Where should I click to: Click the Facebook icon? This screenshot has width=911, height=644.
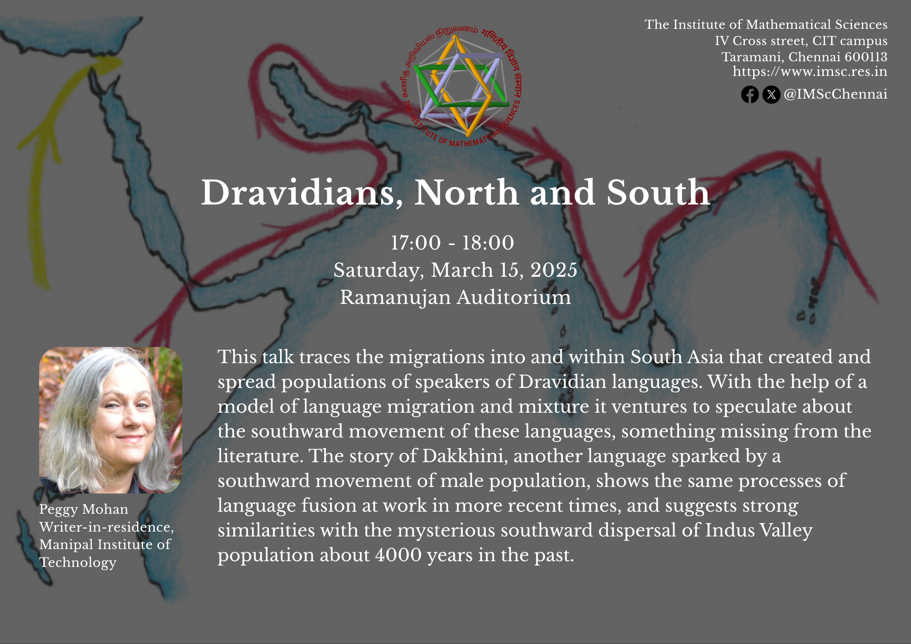(x=750, y=95)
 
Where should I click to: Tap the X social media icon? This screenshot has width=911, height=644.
(x=771, y=95)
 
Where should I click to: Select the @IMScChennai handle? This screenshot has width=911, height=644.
(x=836, y=94)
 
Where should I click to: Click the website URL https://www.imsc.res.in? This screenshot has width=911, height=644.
(x=810, y=71)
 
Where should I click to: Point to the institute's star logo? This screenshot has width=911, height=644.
(x=461, y=86)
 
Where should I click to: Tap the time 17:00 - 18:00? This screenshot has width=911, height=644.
(x=452, y=243)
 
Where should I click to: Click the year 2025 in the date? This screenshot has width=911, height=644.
(x=554, y=270)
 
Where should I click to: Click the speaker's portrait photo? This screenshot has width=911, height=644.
(x=110, y=420)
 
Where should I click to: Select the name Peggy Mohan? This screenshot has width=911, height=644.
(x=84, y=510)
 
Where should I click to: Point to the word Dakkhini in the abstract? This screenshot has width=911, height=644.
(x=465, y=456)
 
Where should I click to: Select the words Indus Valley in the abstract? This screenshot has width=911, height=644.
(x=759, y=530)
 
